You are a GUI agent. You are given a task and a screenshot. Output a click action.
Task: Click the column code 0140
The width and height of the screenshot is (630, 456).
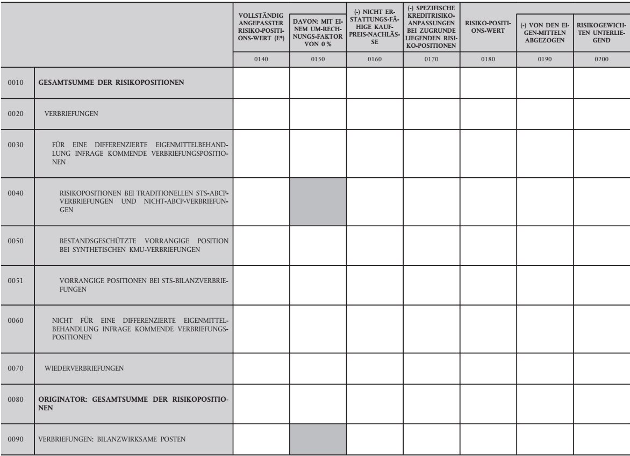pyautogui.click(x=261, y=60)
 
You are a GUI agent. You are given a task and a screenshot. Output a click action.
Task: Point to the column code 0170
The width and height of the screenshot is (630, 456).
pyautogui.click(x=431, y=60)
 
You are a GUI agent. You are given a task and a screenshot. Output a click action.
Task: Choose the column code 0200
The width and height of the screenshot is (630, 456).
pyautogui.click(x=602, y=60)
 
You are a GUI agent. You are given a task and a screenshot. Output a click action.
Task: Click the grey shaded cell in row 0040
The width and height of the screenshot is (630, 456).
pyautogui.click(x=318, y=202)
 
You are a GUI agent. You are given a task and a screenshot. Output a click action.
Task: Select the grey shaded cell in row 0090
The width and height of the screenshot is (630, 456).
pyautogui.click(x=318, y=439)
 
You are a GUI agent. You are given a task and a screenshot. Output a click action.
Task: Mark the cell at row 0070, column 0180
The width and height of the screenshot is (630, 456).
pyautogui.click(x=488, y=368)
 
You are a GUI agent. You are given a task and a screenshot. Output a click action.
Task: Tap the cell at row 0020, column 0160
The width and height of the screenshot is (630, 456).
pyautogui.click(x=374, y=113)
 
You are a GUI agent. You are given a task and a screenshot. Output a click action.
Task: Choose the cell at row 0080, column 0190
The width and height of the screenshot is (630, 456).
pyautogui.click(x=545, y=403)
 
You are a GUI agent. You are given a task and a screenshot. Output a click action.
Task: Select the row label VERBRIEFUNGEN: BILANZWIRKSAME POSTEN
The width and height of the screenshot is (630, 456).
pyautogui.click(x=112, y=439)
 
